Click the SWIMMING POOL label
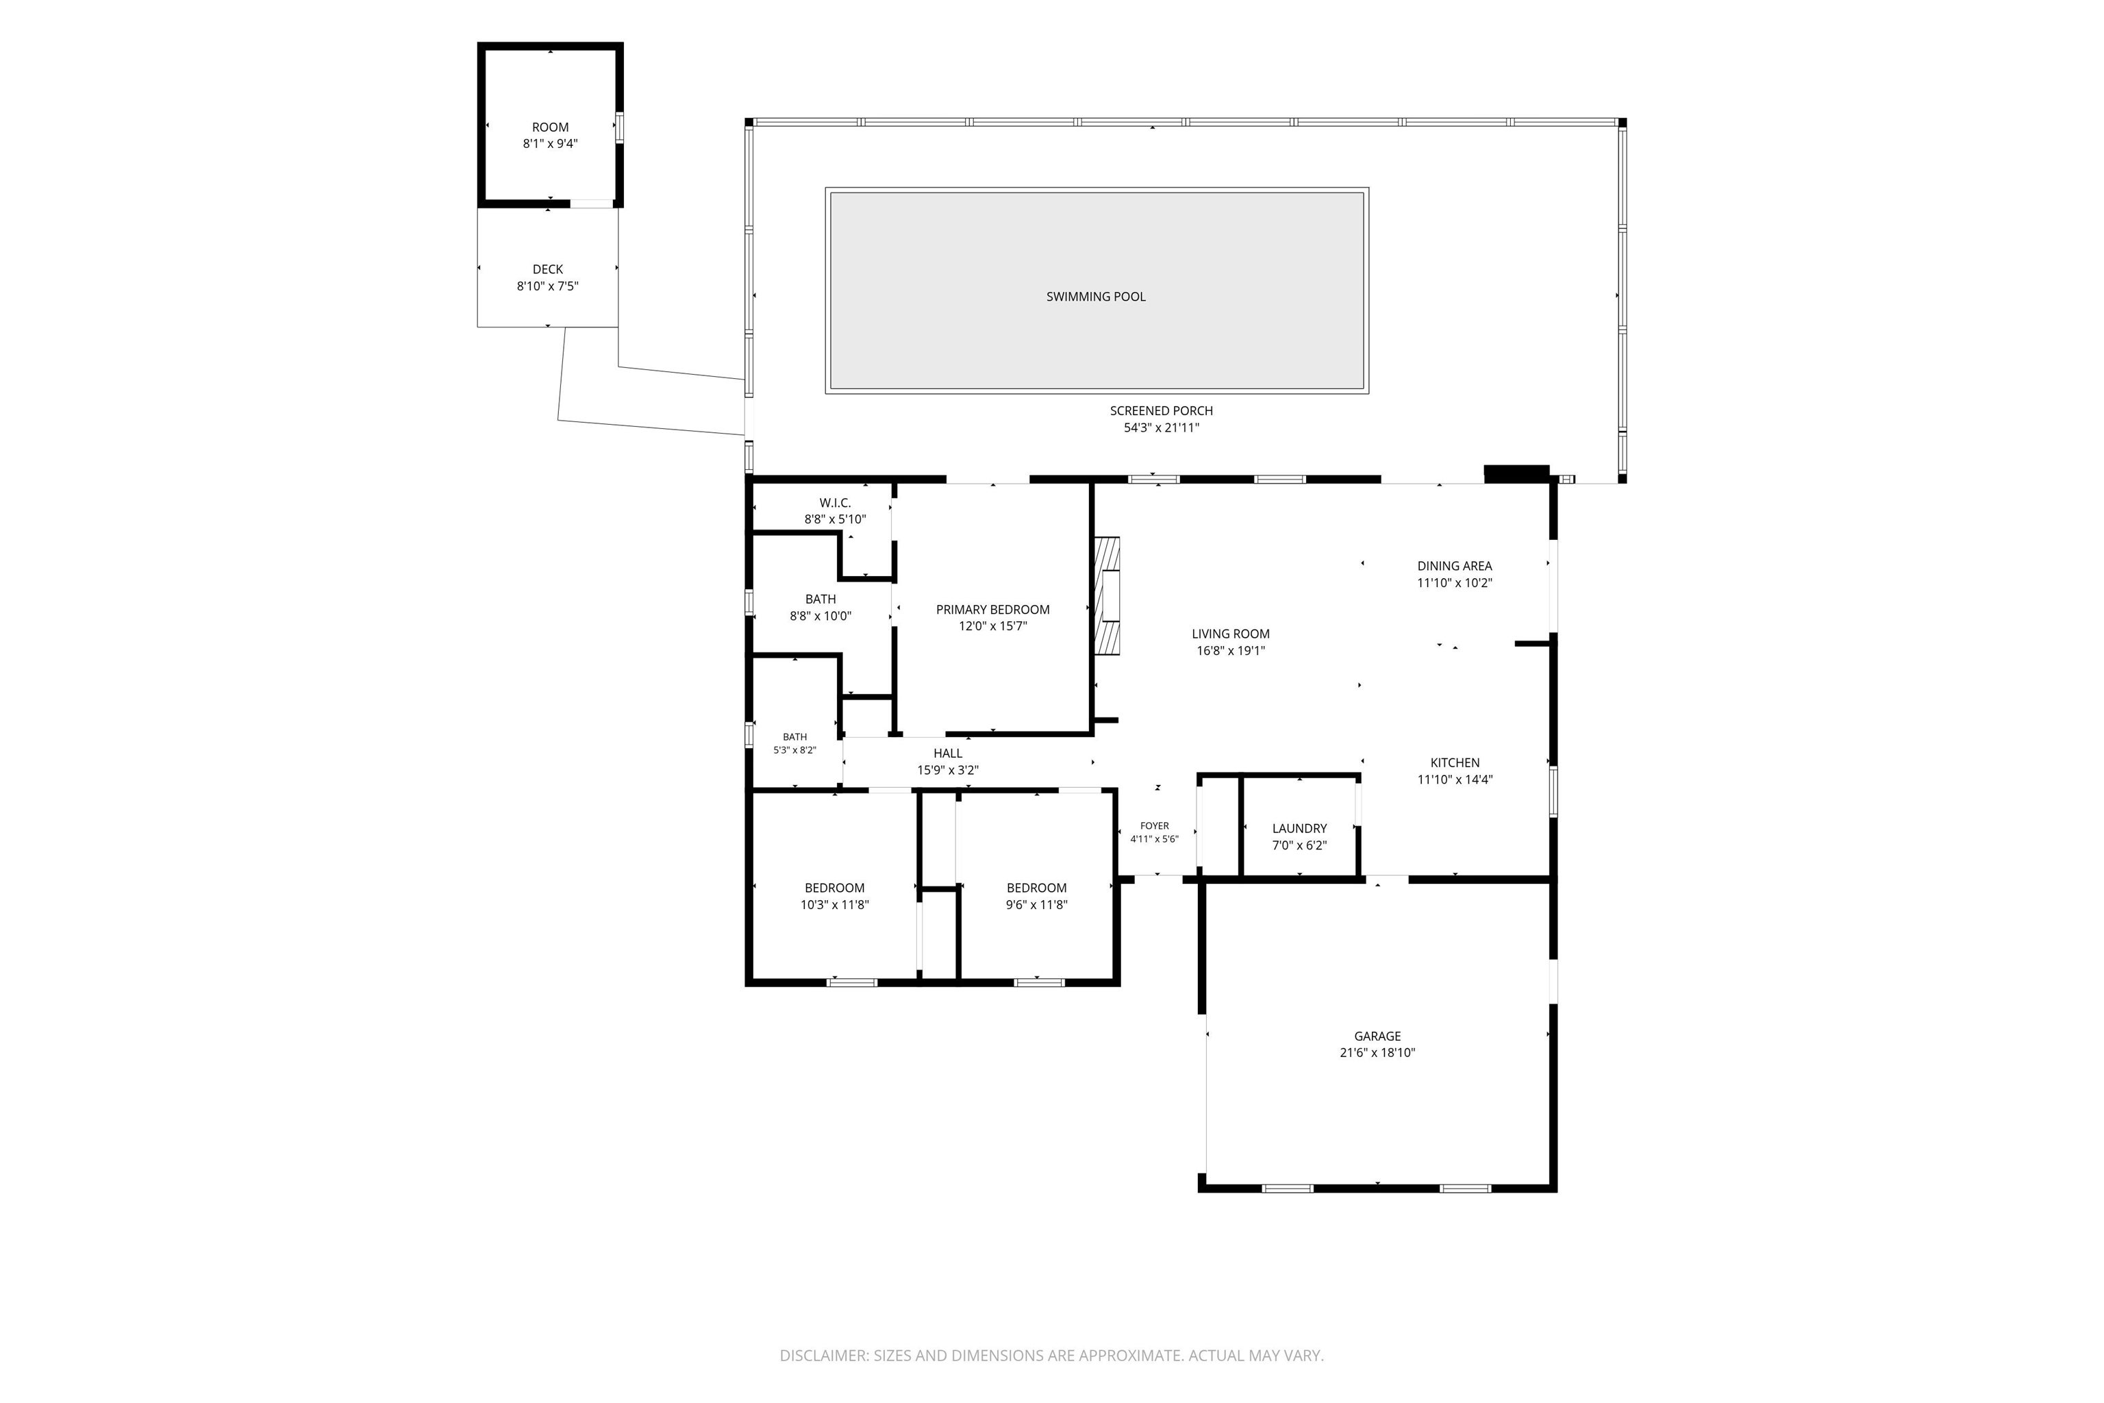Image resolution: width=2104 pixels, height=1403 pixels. point(1096,296)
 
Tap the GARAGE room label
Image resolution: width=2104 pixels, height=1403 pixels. point(1377,1036)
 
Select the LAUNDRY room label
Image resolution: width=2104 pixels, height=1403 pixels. point(1299,828)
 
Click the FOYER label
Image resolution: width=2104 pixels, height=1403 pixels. point(1154,826)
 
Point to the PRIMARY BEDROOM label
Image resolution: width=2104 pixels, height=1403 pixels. point(992,609)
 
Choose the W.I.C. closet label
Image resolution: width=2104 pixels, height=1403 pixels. point(835,503)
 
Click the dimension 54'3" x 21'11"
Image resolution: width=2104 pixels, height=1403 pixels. point(1161,427)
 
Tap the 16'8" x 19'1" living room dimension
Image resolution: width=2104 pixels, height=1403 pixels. point(1230,651)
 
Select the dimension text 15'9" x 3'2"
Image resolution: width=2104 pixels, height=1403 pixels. point(947,769)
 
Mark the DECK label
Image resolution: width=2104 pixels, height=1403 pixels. point(547,269)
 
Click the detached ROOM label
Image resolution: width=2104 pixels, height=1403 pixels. point(550,127)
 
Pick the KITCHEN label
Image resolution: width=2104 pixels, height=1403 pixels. point(1455,762)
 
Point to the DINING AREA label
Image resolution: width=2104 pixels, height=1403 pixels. point(1455,565)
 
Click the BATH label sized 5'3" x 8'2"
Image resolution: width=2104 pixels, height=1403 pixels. point(794,737)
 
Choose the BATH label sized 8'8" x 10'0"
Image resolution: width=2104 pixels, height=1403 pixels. point(821,599)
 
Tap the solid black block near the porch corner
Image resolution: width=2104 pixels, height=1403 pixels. point(1516,473)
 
